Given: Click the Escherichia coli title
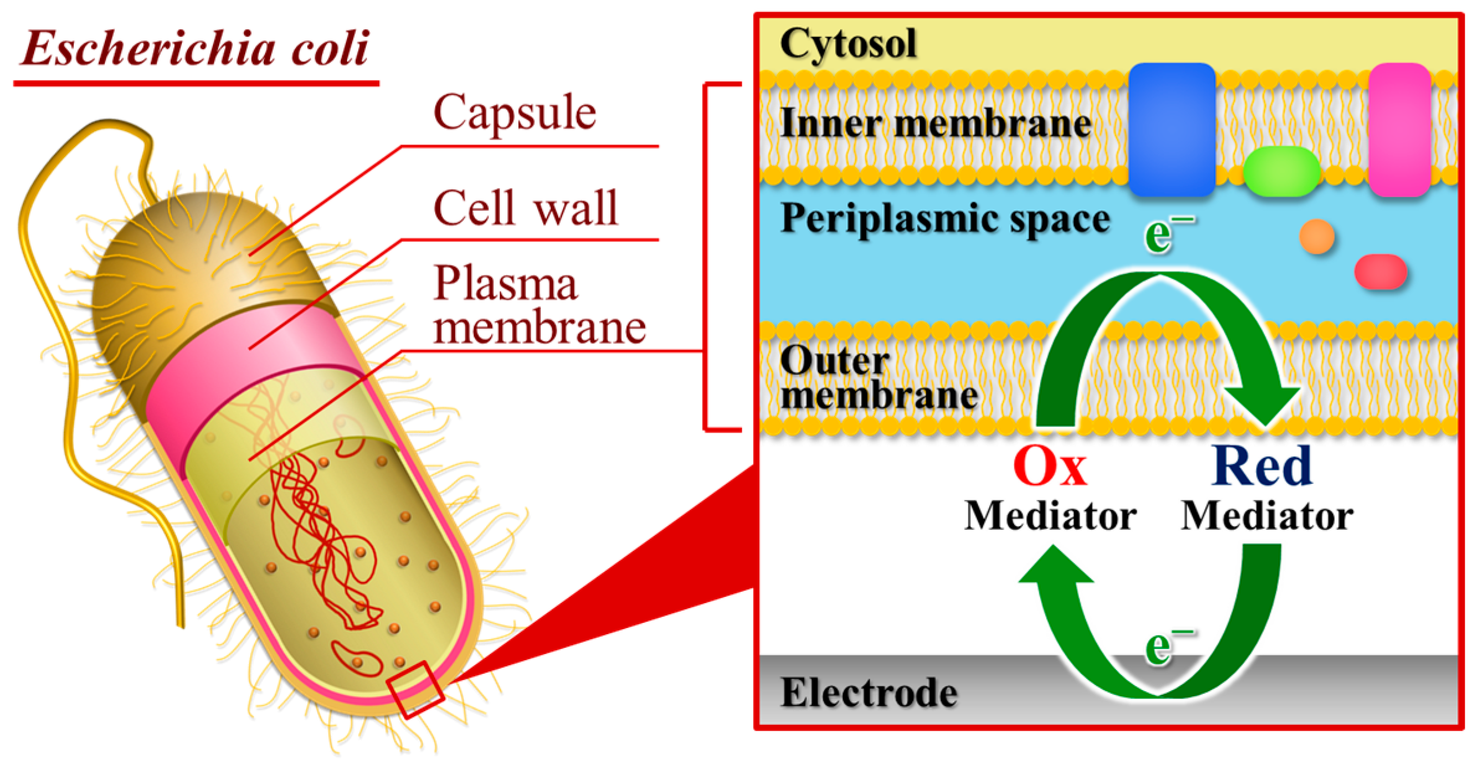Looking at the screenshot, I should [x=195, y=48].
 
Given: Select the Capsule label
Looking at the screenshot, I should [x=515, y=114].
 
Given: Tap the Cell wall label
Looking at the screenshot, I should [x=525, y=208].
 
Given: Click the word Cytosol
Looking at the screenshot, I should [x=848, y=43].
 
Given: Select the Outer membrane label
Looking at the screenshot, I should [x=879, y=378].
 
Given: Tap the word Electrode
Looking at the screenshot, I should [x=869, y=692].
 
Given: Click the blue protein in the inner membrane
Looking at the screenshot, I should [x=1171, y=129].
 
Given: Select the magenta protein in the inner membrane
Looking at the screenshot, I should [x=1399, y=129].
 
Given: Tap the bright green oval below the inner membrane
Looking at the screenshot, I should [x=1281, y=171].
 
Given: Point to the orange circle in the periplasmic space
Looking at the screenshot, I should [x=1317, y=236].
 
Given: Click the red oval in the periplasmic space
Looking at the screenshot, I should [x=1380, y=272].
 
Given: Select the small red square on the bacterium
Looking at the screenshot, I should [x=415, y=689].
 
